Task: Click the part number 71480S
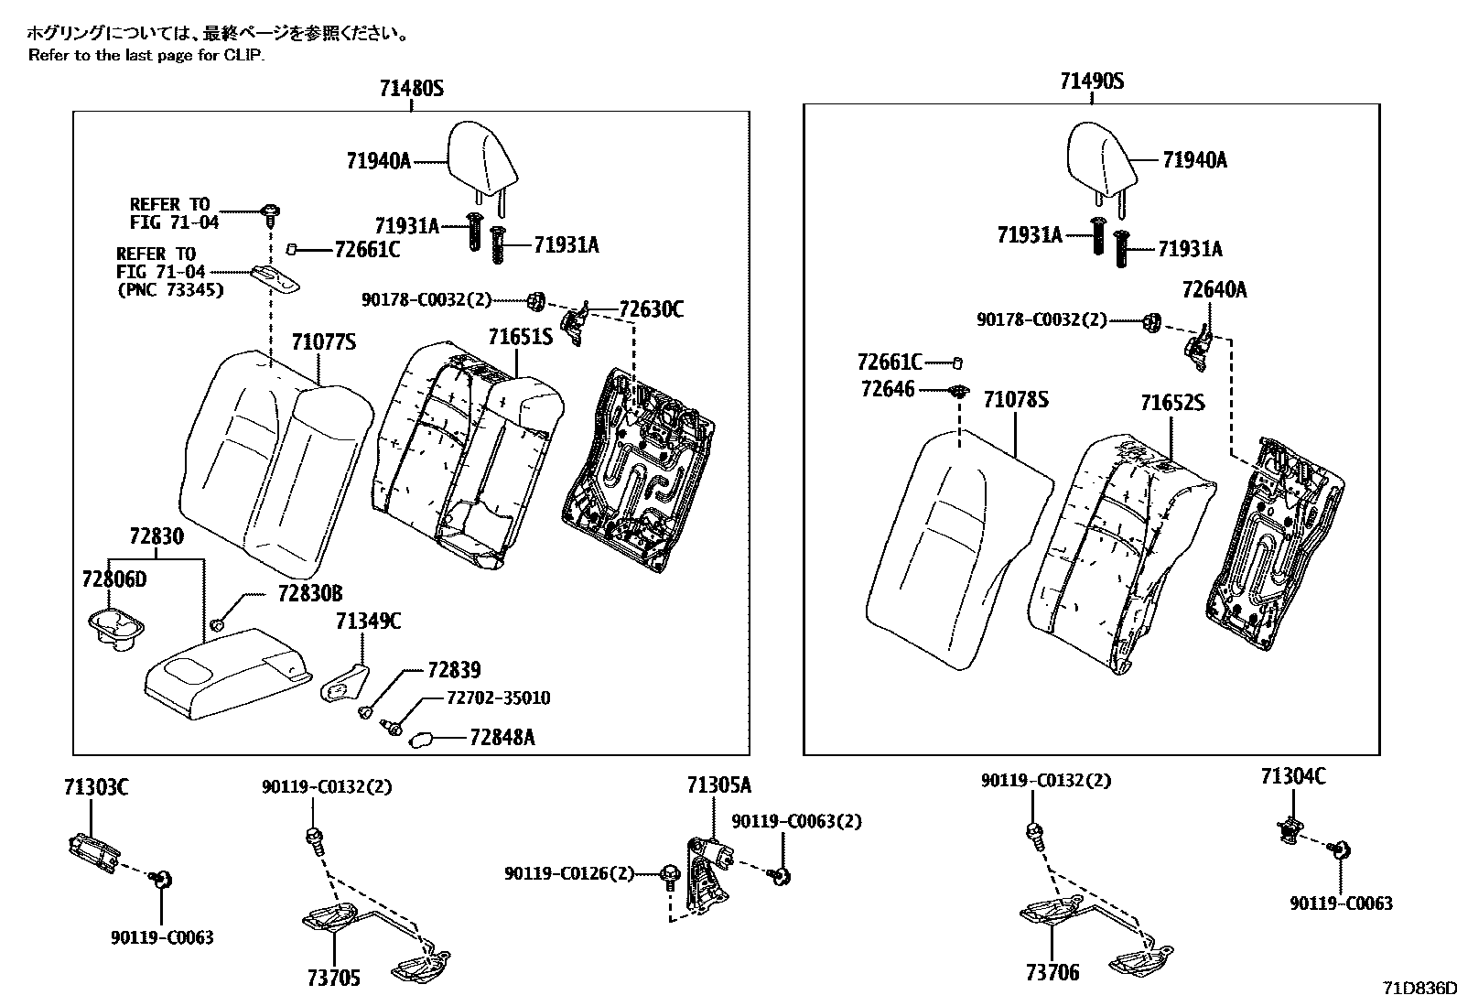coord(411,89)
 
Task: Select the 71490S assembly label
coord(1092,81)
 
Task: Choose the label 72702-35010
coord(498,698)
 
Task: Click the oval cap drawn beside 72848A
coord(421,739)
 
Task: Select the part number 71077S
coord(323,342)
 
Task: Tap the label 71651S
coord(520,337)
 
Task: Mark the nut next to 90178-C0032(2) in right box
coord(1153,321)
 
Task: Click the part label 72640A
coord(1214,290)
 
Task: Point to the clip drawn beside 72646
coord(958,391)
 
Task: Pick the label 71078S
coord(1016,400)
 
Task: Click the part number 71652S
coord(1172,403)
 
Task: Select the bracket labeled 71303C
coord(93,847)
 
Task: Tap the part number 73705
coord(333,978)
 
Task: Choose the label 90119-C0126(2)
coord(568,874)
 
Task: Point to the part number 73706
coord(1052,972)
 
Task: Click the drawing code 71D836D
coord(1419,989)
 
